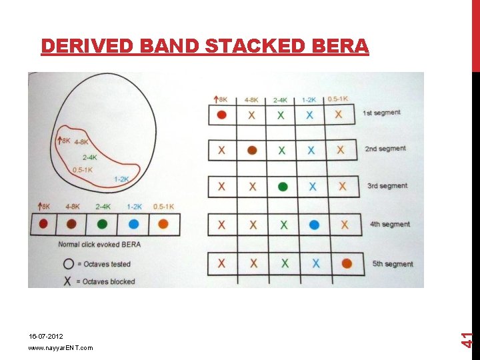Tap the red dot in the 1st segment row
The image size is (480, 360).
click(x=222, y=115)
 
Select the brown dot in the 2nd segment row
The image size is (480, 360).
click(x=252, y=151)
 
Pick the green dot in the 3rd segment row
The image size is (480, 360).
click(x=283, y=187)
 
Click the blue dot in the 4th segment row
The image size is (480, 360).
click(x=314, y=225)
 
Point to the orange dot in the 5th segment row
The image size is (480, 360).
click(x=347, y=264)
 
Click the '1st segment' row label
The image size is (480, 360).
click(x=381, y=113)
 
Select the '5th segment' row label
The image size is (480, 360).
click(x=393, y=264)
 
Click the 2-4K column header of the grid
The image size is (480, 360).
click(x=280, y=100)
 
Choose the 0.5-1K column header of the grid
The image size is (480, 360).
click(x=337, y=99)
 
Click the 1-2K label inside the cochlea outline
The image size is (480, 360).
click(x=121, y=179)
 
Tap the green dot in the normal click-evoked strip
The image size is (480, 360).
click(x=102, y=224)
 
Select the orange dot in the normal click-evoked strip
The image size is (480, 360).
click(x=163, y=224)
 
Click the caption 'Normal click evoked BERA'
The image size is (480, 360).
click(x=99, y=245)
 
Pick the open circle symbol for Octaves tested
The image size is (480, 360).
click(x=69, y=263)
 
